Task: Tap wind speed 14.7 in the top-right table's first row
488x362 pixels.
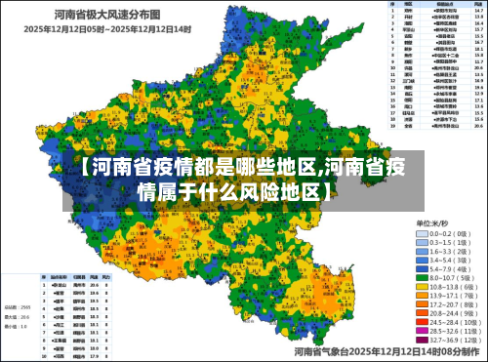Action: [x=479, y=10]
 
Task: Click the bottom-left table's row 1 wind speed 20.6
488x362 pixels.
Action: [x=94, y=283]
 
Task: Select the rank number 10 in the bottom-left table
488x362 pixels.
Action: [x=46, y=343]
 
